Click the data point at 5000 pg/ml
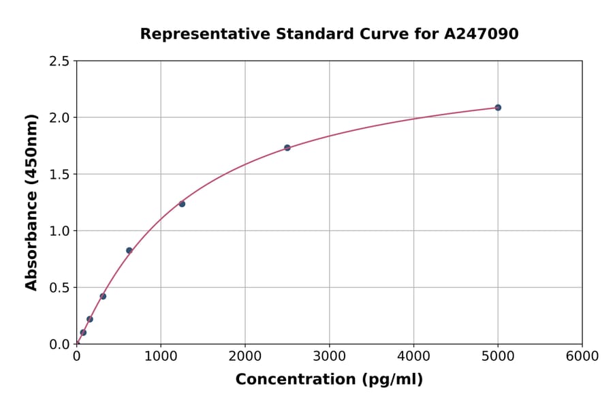pos(498,108)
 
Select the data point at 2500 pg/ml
pos(287,148)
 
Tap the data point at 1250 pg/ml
pos(182,204)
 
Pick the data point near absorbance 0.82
pos(129,250)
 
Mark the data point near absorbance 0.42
pos(103,297)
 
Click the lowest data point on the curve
pos(83,333)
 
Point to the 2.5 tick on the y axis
pos(60,61)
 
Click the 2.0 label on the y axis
pos(60,118)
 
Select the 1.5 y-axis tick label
pos(60,175)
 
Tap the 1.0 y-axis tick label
pos(60,231)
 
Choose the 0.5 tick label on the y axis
pos(60,288)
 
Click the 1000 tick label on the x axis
pos(161,357)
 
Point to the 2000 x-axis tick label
pos(245,357)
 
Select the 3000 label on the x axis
pos(330,357)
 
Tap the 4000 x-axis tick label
pos(413,357)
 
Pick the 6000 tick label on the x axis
pos(582,357)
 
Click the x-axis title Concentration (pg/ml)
pos(329,380)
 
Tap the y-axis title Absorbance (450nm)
pos(31,202)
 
